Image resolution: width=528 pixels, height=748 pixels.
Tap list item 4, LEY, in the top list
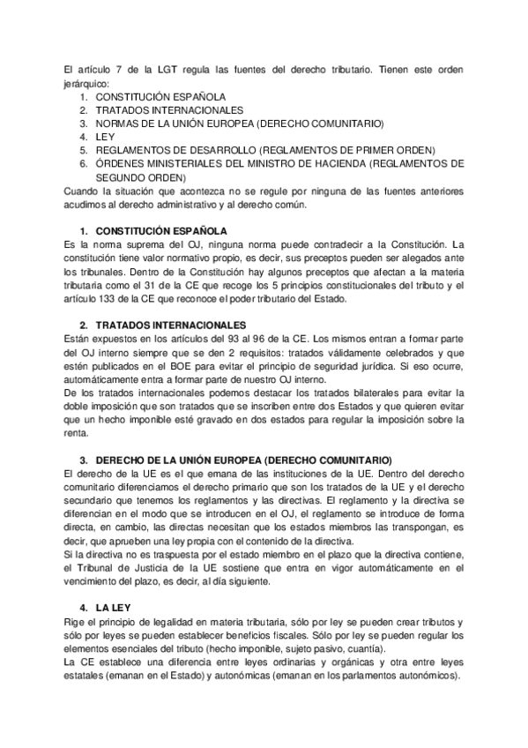coord(105,137)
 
